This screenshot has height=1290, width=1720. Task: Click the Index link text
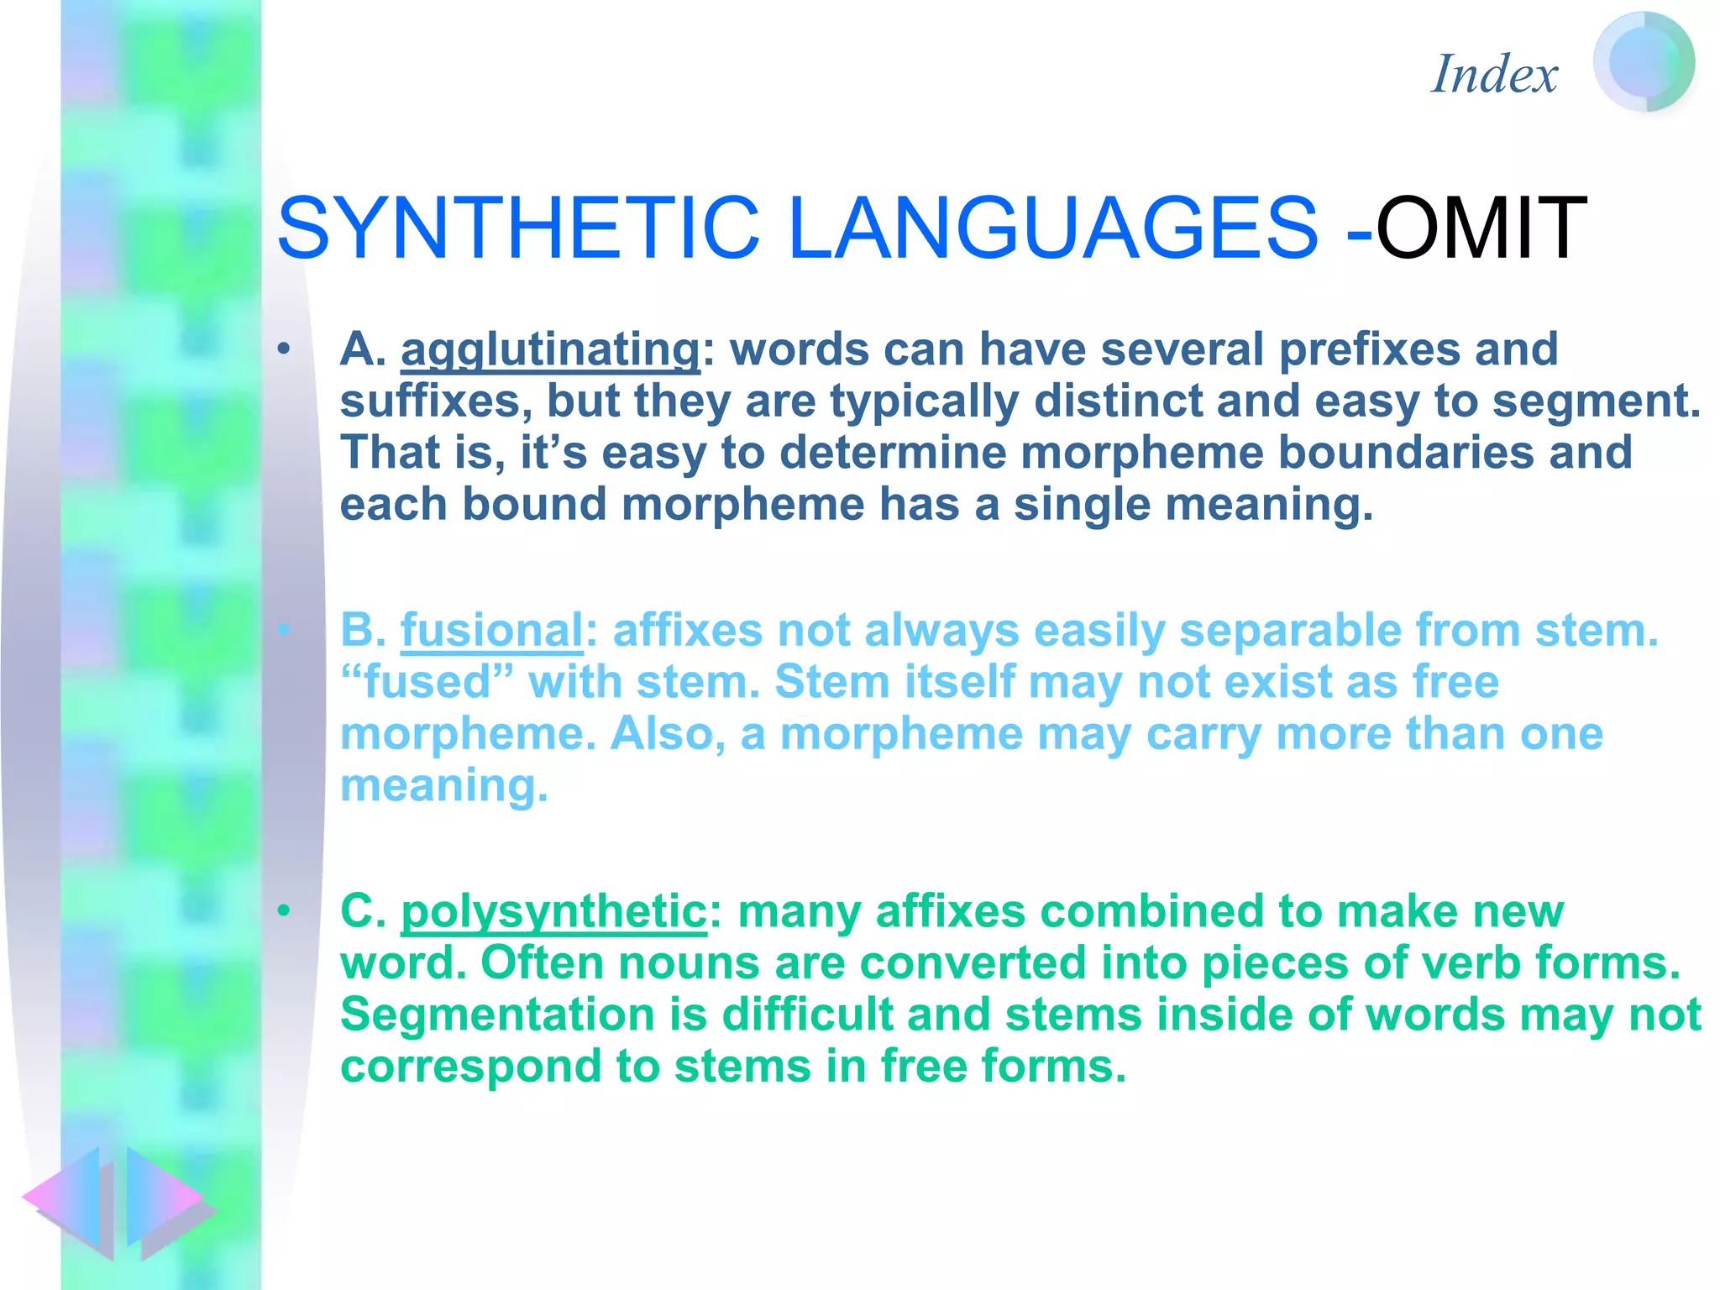click(x=1494, y=74)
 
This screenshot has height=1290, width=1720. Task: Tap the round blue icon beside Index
click(x=1644, y=63)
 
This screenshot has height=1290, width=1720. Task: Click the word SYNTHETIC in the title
click(x=517, y=228)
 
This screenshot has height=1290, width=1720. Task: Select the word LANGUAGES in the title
click(x=1053, y=228)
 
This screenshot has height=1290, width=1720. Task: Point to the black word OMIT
click(x=1481, y=228)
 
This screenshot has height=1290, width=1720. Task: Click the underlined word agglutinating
click(x=550, y=349)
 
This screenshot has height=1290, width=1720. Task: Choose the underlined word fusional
click(x=491, y=630)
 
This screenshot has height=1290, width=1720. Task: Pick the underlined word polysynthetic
click(x=553, y=911)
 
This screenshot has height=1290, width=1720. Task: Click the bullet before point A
click(x=285, y=349)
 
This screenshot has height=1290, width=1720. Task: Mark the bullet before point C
click(x=285, y=910)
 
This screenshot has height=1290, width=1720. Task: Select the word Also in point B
click(x=662, y=734)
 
